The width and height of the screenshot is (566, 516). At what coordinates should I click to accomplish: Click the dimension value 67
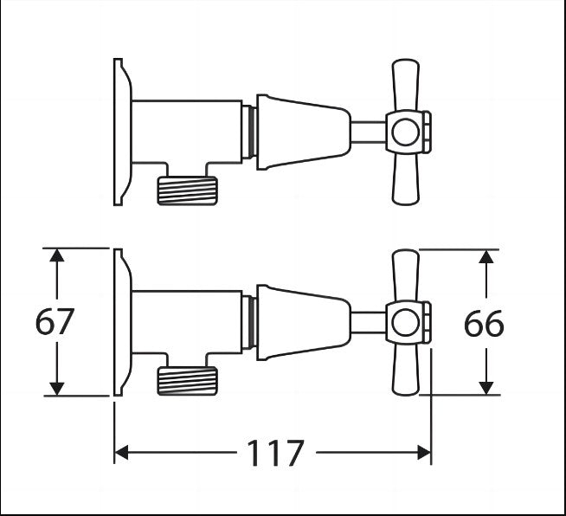55,322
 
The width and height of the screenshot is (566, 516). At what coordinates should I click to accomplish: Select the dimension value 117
276,452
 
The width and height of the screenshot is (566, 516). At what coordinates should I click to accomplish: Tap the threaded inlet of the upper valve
187,189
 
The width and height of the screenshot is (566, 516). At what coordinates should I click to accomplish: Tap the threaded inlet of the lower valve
187,379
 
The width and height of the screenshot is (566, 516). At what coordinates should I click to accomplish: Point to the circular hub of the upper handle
402,132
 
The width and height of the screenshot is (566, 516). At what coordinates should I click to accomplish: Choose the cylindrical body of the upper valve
186,130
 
